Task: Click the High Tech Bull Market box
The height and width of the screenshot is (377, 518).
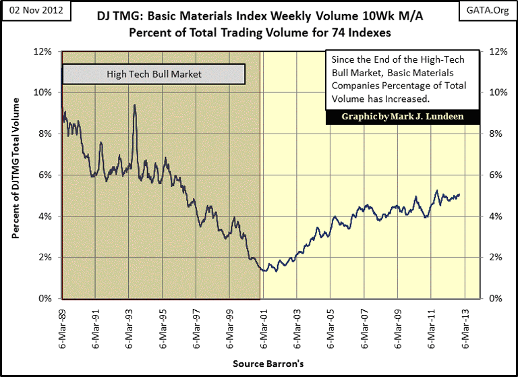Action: point(154,73)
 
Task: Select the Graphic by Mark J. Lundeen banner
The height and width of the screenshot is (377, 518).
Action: point(403,116)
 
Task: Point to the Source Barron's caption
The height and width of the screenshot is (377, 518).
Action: point(268,364)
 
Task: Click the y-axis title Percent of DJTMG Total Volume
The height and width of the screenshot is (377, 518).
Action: point(15,168)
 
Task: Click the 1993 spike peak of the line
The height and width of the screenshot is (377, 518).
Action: point(135,105)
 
